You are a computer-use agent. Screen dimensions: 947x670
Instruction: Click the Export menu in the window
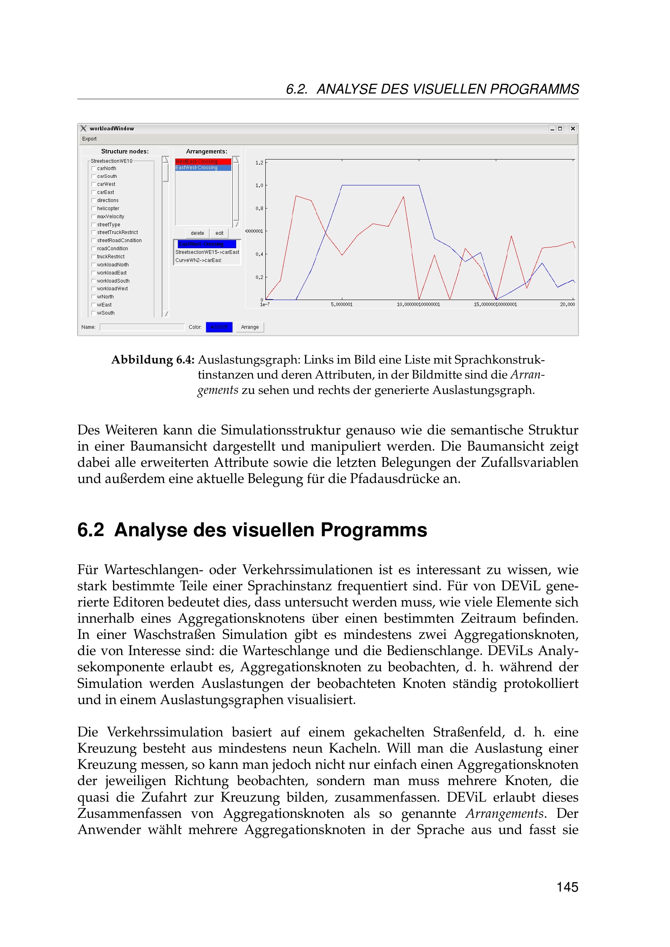89,139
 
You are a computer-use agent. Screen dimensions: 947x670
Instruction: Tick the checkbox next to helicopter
94,209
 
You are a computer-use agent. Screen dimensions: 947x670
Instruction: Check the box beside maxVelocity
94,217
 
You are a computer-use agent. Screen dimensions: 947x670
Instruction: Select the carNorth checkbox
94,169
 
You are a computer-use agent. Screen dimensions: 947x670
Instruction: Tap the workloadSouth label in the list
113,281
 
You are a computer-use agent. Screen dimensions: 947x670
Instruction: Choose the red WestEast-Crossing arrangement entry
203,162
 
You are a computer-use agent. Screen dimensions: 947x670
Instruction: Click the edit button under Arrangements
219,233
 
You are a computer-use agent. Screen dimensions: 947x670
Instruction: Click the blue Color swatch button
219,327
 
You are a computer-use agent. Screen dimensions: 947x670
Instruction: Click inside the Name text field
142,327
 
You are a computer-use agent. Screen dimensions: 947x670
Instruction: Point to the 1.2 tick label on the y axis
259,163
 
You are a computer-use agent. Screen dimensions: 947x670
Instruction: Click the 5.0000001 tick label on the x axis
341,304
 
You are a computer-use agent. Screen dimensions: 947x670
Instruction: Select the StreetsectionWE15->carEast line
207,252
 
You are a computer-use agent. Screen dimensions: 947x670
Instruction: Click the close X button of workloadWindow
573,129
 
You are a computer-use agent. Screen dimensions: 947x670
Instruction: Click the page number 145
567,887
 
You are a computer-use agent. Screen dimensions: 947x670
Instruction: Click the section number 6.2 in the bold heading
90,530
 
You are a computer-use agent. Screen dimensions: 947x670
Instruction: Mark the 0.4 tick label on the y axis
259,255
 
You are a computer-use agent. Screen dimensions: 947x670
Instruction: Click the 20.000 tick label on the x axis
567,304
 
